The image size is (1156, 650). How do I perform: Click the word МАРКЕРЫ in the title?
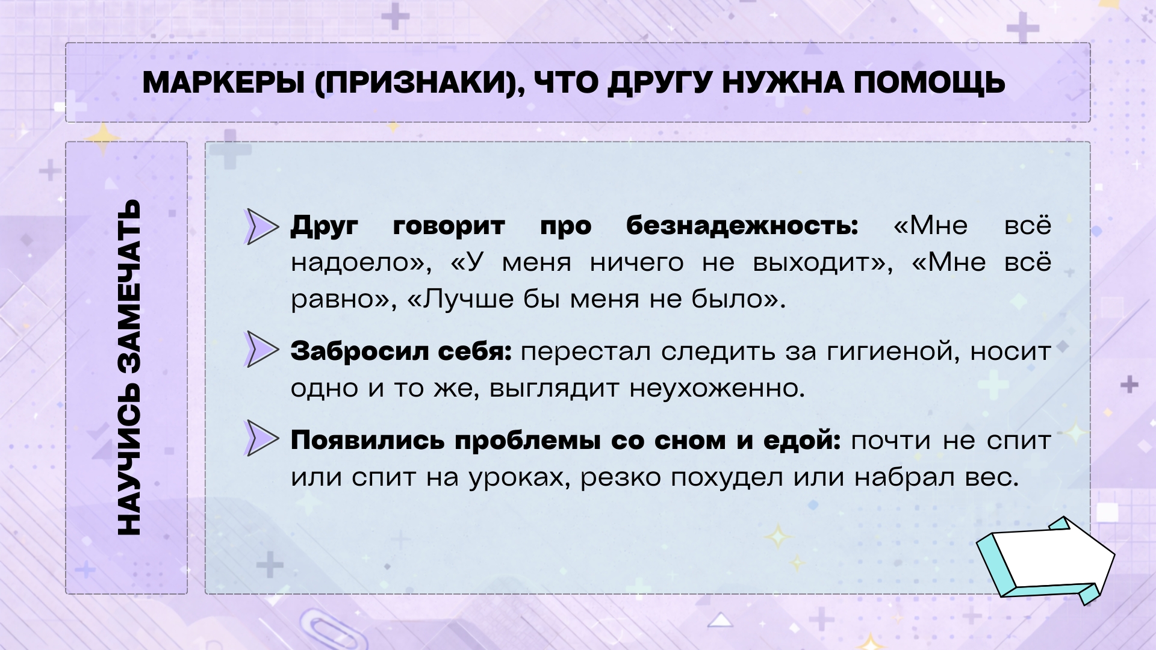tap(223, 82)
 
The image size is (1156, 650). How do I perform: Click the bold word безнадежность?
tap(742, 226)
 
